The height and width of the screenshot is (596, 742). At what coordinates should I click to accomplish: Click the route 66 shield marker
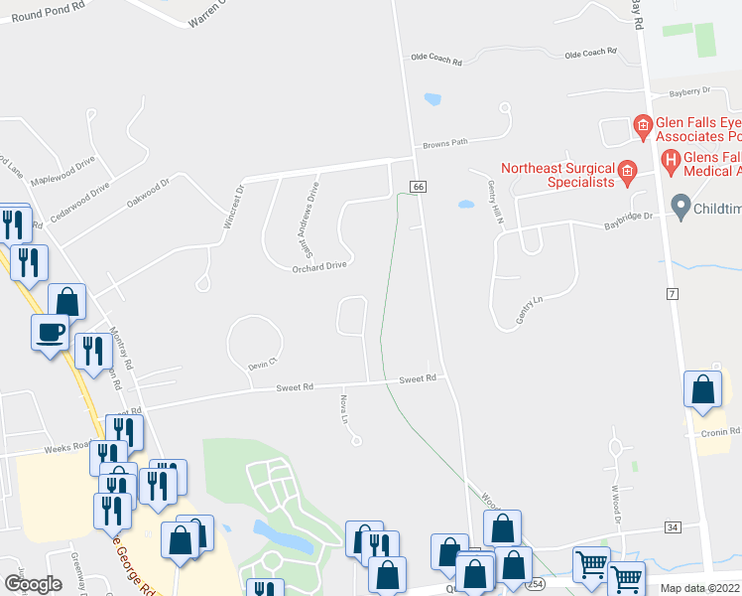418,187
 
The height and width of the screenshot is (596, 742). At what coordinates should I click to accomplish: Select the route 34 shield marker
672,526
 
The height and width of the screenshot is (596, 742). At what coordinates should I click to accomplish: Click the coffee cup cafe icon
49,333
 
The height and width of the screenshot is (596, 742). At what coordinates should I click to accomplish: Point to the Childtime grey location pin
680,208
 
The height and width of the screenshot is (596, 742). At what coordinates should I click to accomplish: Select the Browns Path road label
444,143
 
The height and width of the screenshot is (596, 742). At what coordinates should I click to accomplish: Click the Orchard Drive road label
319,266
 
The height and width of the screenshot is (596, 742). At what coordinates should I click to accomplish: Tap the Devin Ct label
260,366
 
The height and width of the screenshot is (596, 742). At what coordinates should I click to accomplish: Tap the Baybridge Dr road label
629,221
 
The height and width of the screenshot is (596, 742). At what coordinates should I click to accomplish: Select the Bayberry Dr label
690,91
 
